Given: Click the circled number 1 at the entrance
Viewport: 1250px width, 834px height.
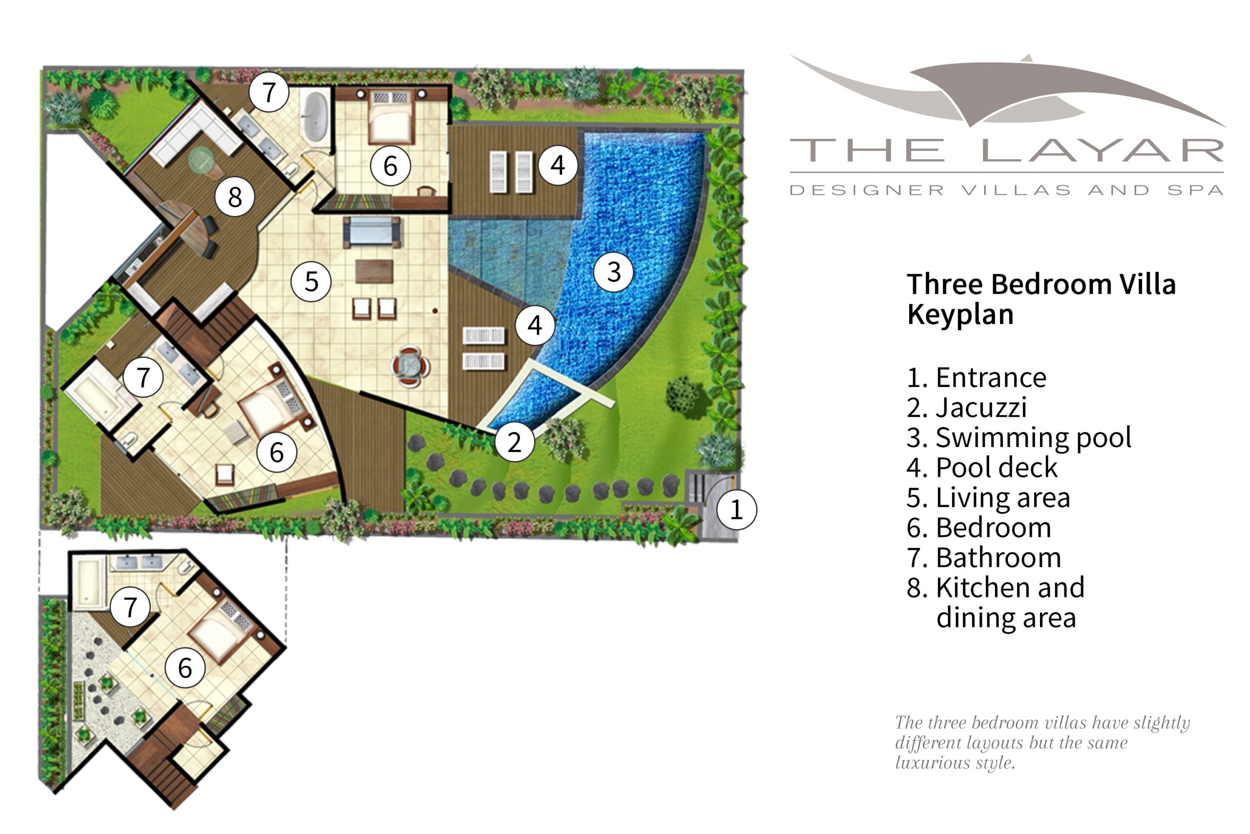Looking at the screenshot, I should point(736,510).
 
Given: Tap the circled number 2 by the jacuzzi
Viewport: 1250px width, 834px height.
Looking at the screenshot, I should point(514,442).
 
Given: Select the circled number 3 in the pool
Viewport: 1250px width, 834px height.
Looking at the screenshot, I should point(613,272).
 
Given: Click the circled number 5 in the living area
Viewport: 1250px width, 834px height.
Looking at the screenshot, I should point(311,281).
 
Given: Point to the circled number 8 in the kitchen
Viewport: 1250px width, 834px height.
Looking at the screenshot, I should point(234,197).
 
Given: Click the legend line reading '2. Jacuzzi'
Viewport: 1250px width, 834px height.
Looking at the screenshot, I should point(966,407).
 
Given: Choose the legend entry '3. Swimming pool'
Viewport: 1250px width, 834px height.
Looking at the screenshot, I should point(1018,437).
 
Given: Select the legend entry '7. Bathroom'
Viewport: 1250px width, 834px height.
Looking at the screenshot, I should point(983,557).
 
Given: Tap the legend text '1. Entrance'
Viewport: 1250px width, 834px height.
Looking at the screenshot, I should point(976,378).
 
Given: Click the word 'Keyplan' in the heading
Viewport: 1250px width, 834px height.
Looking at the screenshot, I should point(960,314).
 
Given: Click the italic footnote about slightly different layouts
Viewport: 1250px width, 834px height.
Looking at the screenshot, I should point(1042,743).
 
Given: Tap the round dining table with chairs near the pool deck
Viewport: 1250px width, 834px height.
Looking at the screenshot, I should point(410,366).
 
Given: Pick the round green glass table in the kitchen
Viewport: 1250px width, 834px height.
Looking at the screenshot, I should point(202,158).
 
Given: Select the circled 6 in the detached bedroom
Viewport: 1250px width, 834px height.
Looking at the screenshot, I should point(185,668).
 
